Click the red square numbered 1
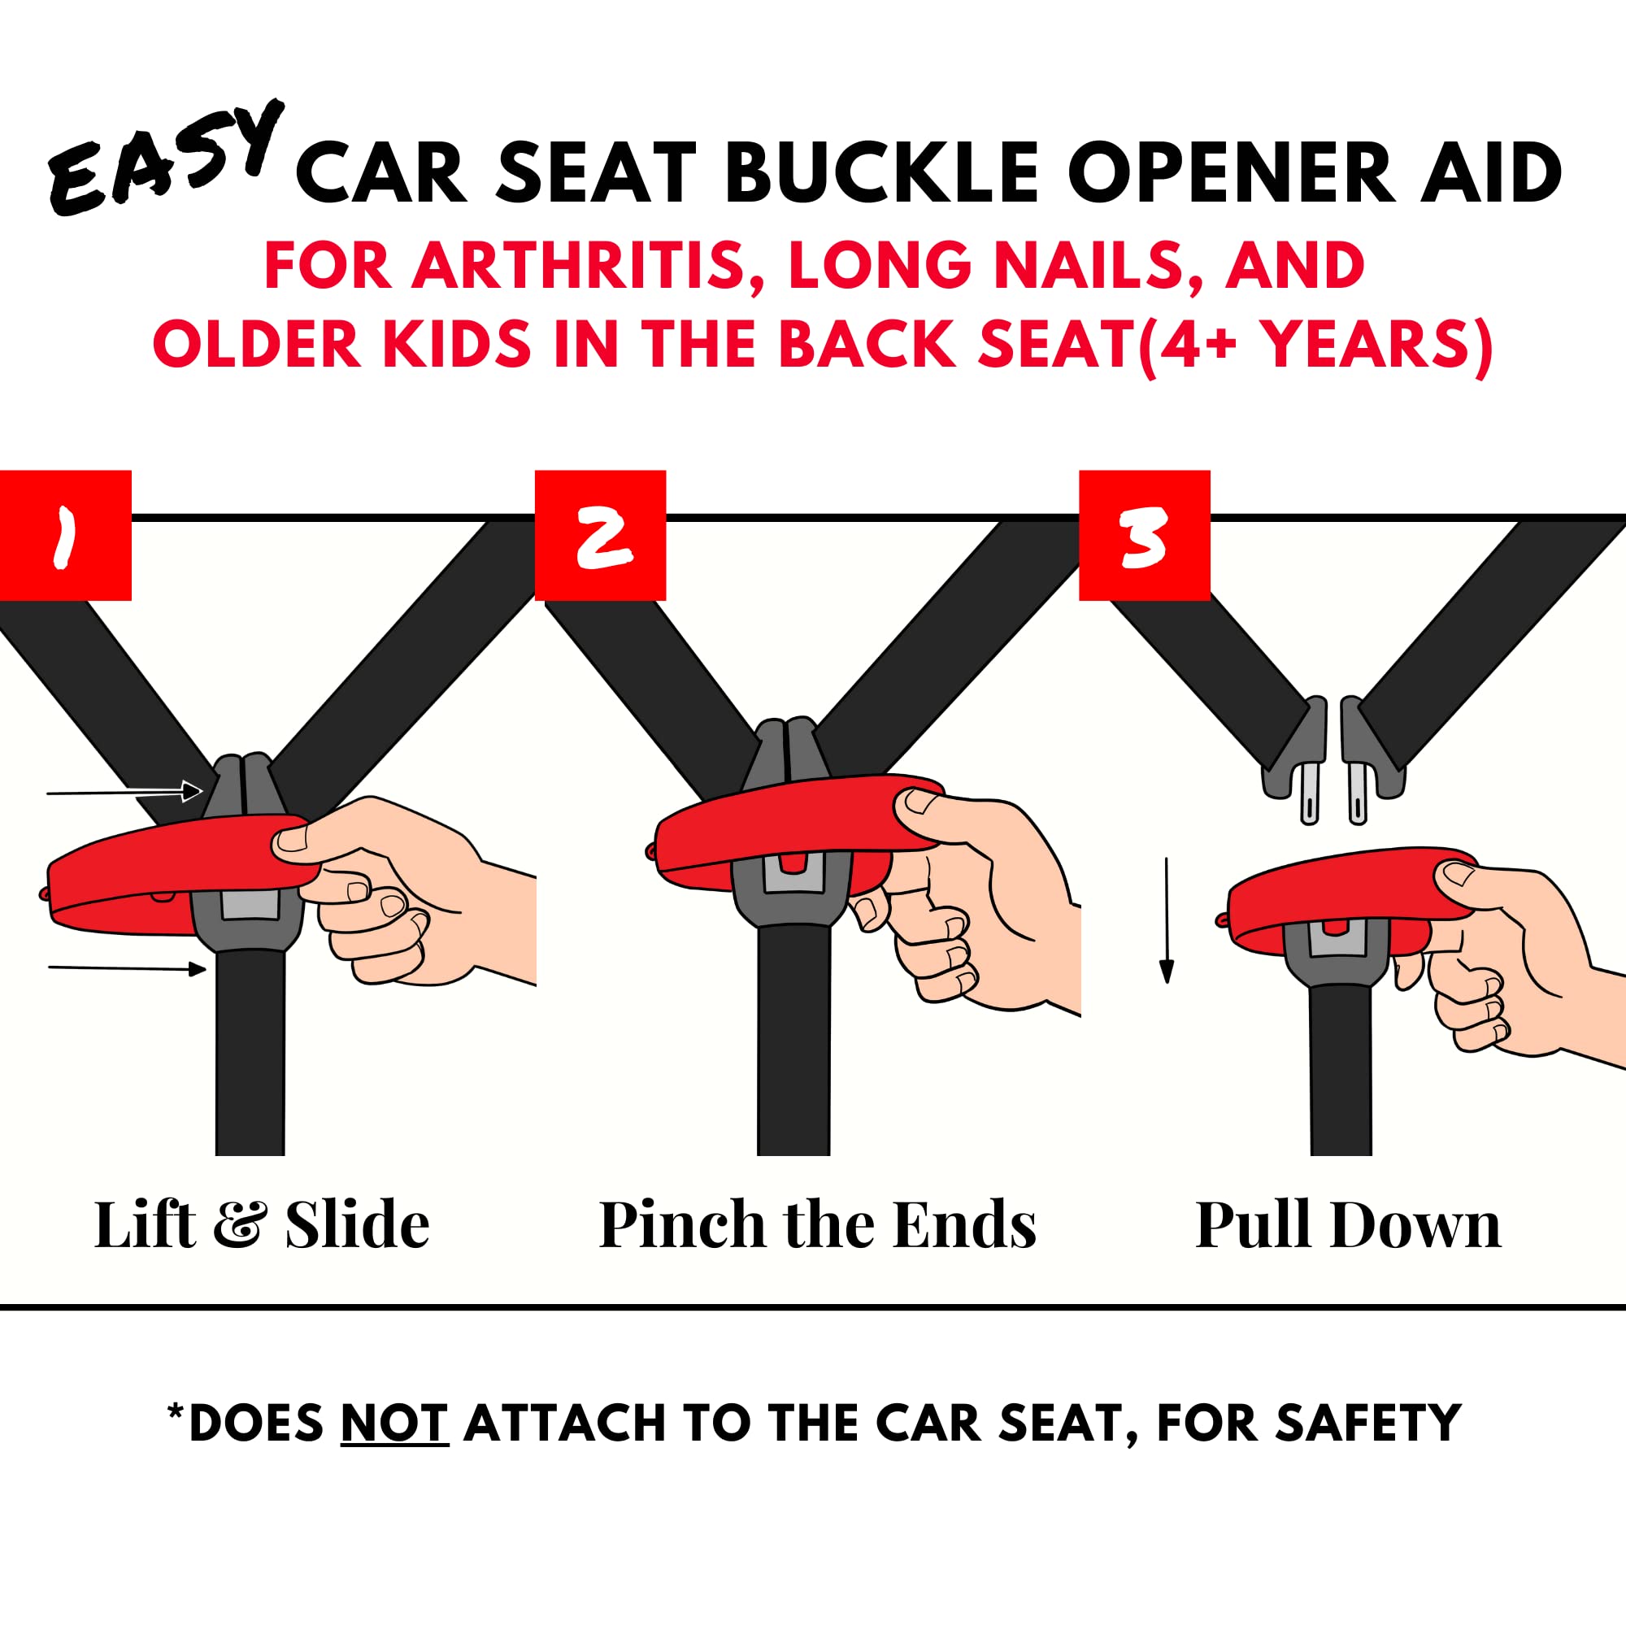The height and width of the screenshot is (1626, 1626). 66,535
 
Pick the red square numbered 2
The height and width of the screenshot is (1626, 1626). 600,535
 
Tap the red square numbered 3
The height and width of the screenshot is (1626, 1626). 1145,535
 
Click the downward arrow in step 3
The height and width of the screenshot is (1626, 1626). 1167,920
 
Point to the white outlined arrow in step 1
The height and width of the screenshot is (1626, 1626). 124,792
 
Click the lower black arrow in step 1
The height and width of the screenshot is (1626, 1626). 127,969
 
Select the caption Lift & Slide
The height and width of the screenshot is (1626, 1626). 262,1225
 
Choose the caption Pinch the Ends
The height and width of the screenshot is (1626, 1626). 817,1225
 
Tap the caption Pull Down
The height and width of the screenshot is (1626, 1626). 1348,1225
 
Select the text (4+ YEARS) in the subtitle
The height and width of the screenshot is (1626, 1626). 1315,345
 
